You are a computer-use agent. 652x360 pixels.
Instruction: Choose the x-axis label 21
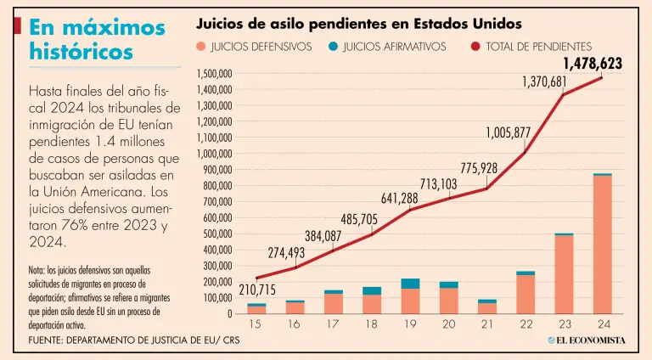(486, 324)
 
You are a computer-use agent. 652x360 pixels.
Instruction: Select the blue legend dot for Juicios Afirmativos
(333, 47)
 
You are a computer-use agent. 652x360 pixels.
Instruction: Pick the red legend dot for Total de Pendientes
(475, 47)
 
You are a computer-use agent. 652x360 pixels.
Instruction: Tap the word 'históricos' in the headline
(81, 52)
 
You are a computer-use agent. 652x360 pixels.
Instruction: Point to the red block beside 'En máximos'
(18, 26)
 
